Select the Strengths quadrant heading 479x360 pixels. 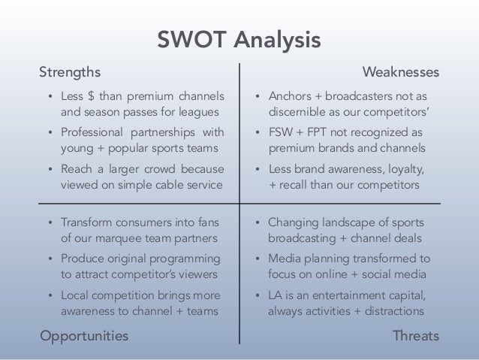70,72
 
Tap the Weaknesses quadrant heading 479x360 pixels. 401,72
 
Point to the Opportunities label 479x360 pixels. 83,335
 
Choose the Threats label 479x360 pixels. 416,335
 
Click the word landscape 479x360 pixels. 345,222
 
